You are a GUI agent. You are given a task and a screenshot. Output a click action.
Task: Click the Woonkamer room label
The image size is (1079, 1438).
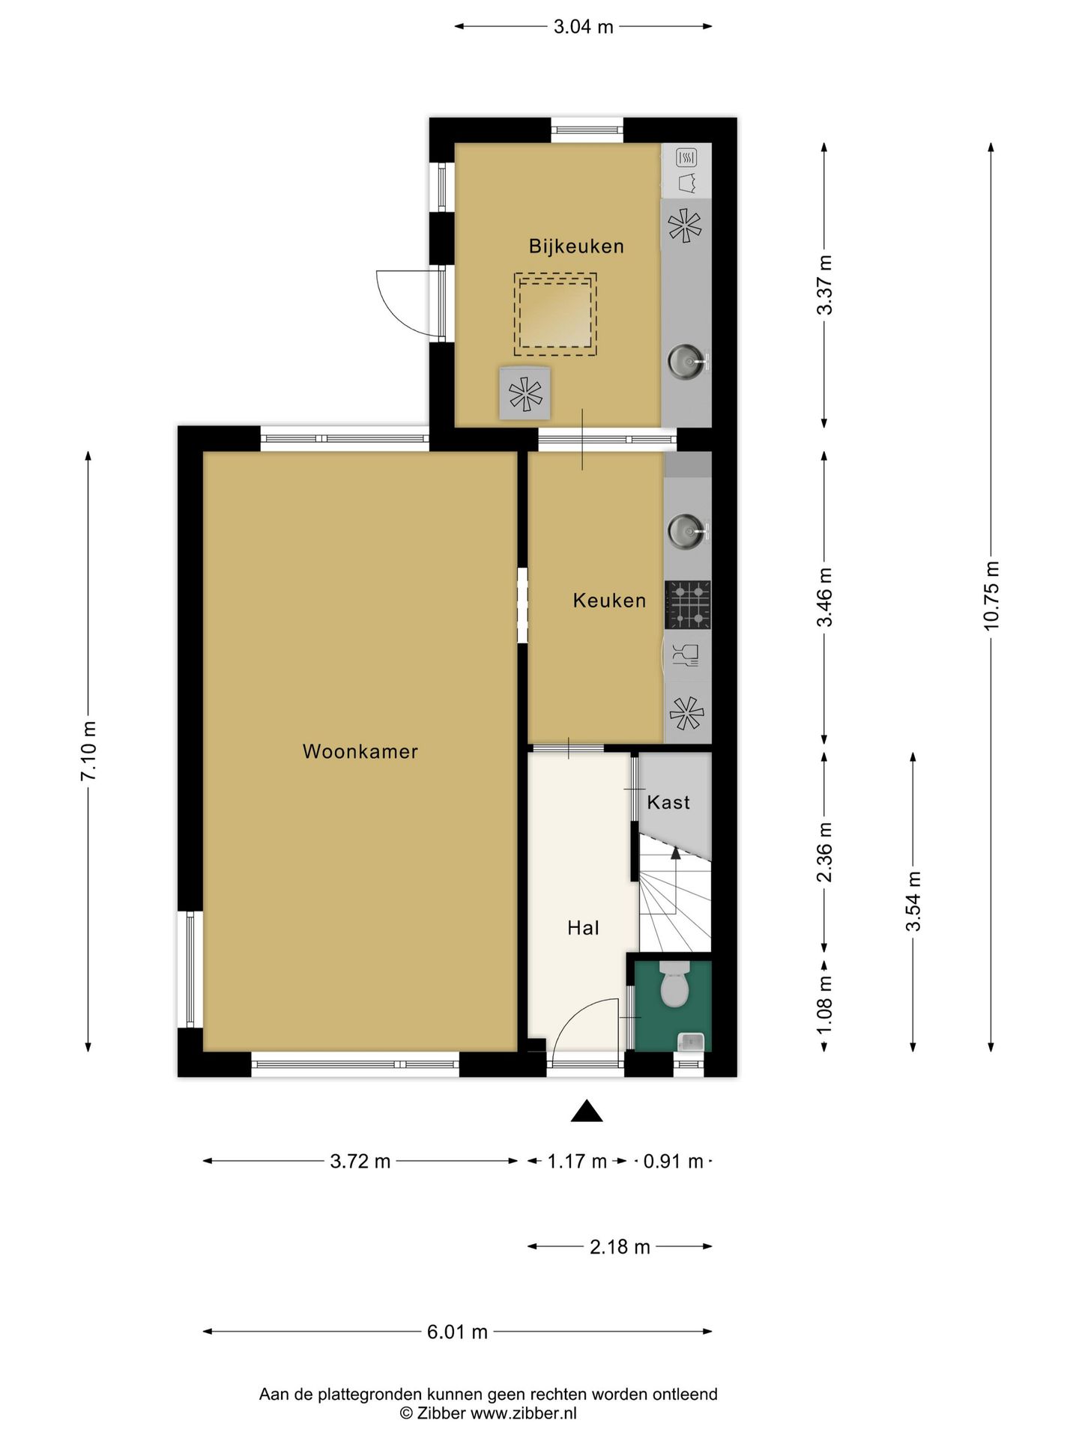[360, 751]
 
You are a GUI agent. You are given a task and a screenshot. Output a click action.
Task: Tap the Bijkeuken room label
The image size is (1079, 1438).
[576, 246]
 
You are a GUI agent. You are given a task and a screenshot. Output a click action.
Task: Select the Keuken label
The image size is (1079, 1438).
[609, 600]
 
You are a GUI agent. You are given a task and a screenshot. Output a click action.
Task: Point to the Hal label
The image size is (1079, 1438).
[583, 928]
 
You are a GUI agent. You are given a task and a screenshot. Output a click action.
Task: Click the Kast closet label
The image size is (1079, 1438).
[668, 802]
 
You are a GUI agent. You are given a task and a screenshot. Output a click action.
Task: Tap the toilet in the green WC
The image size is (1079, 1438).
[674, 983]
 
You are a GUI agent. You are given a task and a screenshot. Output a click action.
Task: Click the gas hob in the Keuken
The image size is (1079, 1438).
[688, 604]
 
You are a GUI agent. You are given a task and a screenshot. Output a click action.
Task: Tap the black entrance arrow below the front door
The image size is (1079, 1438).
[587, 1111]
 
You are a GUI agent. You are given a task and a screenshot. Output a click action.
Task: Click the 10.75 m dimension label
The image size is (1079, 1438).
[991, 595]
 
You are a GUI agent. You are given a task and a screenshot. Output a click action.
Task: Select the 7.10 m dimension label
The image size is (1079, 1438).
[88, 751]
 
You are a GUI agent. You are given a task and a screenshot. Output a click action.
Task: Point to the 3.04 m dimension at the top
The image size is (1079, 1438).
[583, 27]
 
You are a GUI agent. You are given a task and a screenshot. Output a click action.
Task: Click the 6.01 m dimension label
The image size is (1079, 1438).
[457, 1332]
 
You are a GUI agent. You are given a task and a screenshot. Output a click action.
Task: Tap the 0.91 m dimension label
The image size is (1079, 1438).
[673, 1161]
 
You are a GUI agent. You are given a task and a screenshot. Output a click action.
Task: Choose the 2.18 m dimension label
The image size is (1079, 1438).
[620, 1246]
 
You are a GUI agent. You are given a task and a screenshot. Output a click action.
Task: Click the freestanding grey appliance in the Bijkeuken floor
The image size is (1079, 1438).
[525, 394]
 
